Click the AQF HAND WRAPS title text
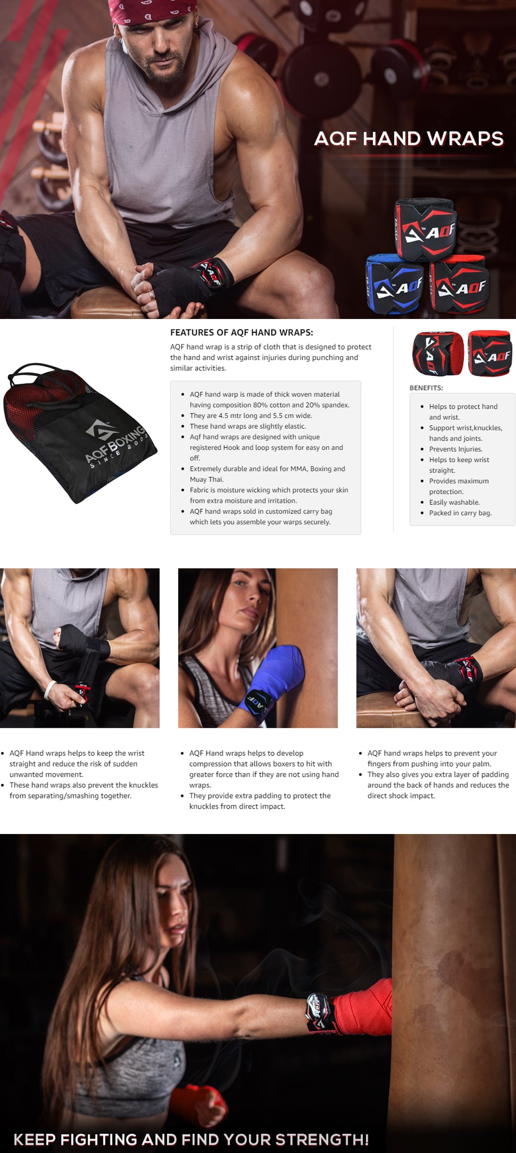point(409,139)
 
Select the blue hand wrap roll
point(395,284)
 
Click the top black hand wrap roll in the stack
point(425,228)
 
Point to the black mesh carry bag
point(78,432)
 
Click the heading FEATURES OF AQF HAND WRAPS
point(242,333)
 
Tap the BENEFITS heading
point(426,388)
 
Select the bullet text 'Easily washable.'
point(454,502)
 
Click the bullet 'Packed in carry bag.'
point(460,513)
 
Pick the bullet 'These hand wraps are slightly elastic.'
point(248,426)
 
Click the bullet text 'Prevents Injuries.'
point(455,449)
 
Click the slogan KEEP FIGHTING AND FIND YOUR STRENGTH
point(191,1139)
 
